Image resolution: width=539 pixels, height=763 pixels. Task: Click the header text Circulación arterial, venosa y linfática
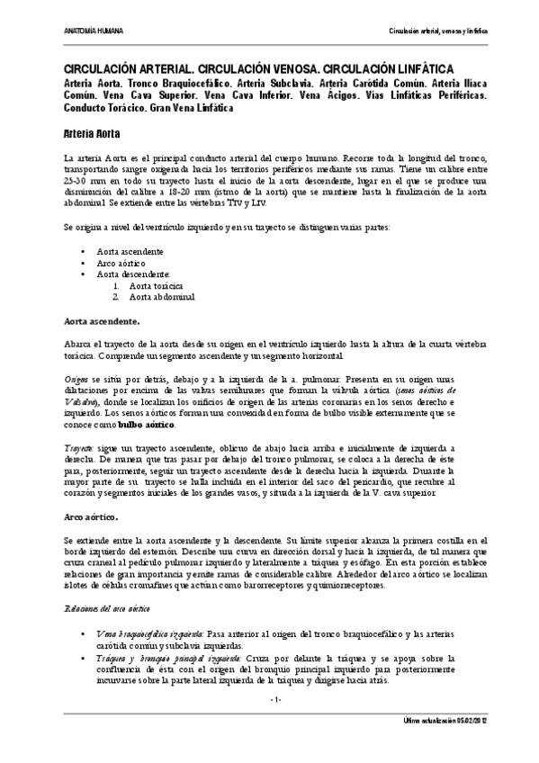438,31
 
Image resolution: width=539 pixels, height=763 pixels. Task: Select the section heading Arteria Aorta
92,133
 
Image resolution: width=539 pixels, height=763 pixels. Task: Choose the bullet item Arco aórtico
122,264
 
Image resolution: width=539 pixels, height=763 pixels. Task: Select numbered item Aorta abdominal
162,296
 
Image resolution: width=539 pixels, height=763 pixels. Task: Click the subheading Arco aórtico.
91,518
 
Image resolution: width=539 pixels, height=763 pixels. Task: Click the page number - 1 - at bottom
276,699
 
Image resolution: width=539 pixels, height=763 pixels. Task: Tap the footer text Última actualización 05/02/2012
446,721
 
